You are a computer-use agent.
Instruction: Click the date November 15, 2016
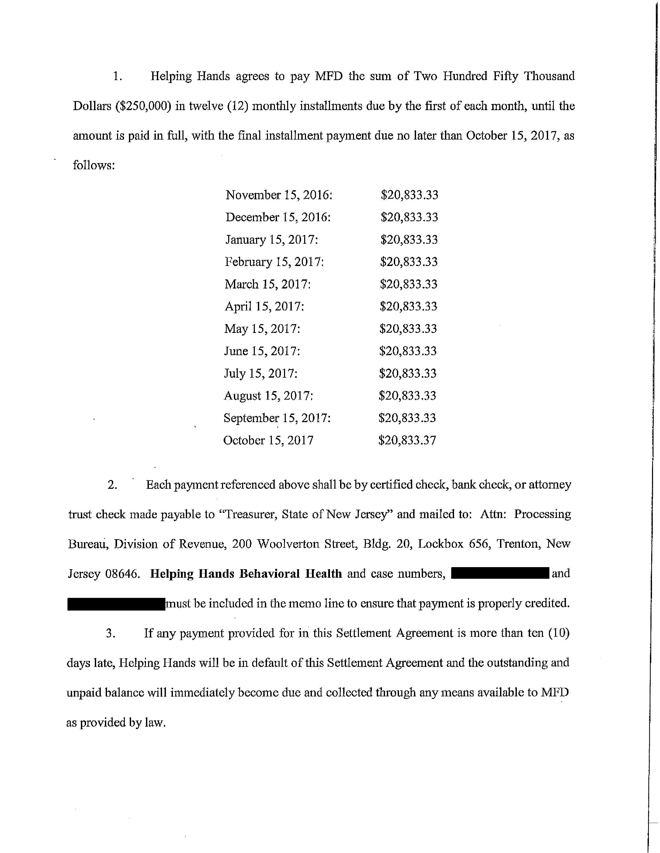pyautogui.click(x=279, y=195)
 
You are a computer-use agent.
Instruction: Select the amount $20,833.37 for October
pyautogui.click(x=407, y=440)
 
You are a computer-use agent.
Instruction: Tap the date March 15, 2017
pyautogui.click(x=267, y=284)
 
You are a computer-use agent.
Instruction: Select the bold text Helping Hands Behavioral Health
pyautogui.click(x=246, y=574)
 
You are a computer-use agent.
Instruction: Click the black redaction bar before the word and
pyautogui.click(x=500, y=573)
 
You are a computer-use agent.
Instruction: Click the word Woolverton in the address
pyautogui.click(x=289, y=544)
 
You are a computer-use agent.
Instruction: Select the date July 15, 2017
pyautogui.click(x=260, y=374)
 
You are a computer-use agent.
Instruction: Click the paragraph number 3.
pyautogui.click(x=111, y=633)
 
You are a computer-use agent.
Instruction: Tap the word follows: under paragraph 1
pyautogui.click(x=94, y=166)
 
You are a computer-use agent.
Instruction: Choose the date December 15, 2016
pyautogui.click(x=278, y=217)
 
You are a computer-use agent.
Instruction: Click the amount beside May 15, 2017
pyautogui.click(x=408, y=329)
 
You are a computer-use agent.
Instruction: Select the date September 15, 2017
pyautogui.click(x=277, y=418)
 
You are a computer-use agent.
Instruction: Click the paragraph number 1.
pyautogui.click(x=118, y=77)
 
